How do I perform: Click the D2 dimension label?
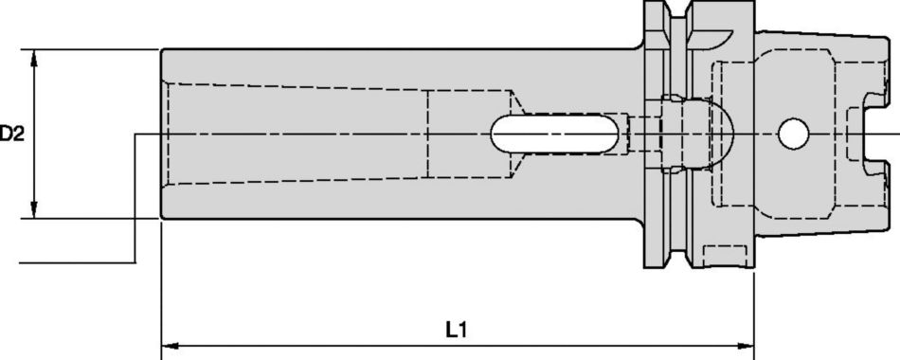coord(11,135)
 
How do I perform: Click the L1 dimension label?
coord(457,331)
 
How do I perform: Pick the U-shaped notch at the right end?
coord(870,135)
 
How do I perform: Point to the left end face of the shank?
coord(162,135)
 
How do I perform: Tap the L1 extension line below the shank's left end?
coord(162,284)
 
